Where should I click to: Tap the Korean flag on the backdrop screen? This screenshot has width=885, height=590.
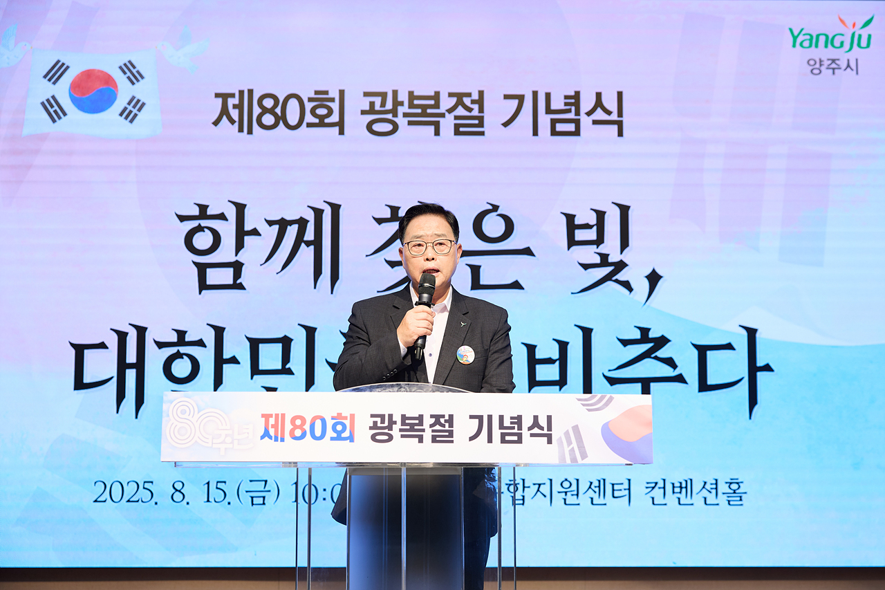tap(93, 93)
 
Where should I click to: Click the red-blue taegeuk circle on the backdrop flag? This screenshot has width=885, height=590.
tap(93, 91)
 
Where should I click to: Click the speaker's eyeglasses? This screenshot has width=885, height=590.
tap(429, 246)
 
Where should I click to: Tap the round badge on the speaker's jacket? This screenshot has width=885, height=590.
tap(465, 354)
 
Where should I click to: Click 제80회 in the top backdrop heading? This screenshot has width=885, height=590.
tap(278, 113)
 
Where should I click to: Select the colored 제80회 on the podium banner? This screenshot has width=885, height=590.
tap(308, 427)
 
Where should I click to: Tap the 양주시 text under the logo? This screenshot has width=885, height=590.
tap(832, 66)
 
